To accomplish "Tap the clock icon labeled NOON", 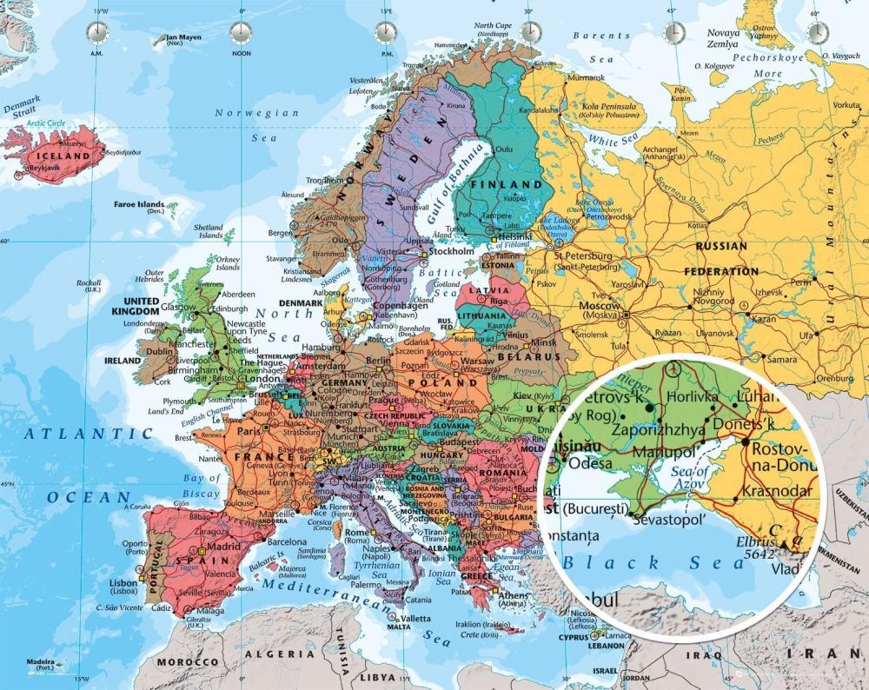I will pos(241,33).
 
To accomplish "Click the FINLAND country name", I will pos(506,185).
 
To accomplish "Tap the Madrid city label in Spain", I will pos(223,547).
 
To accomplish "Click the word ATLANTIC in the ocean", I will pos(76,432).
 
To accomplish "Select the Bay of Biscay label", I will pos(202,486).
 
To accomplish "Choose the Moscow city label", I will pos(599,306).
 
